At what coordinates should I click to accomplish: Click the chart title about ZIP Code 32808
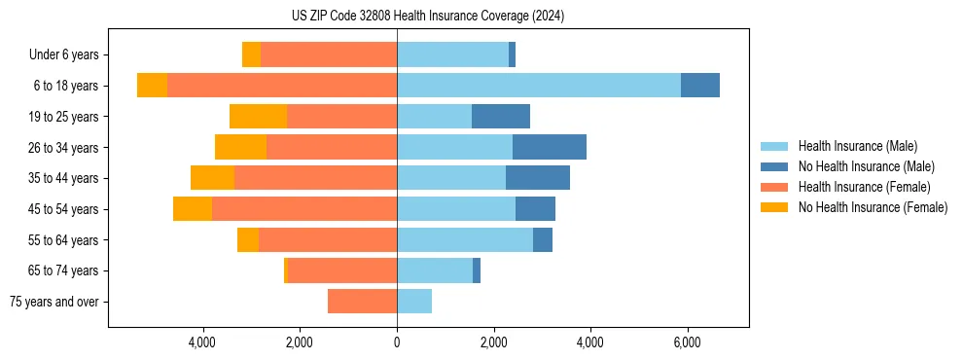point(428,17)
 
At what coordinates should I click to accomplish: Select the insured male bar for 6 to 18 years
point(538,86)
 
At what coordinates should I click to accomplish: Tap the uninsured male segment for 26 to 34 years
point(549,147)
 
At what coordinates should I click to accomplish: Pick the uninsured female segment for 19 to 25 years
point(258,117)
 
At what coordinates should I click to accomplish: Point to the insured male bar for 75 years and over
point(414,302)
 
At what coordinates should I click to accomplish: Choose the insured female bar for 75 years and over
point(362,302)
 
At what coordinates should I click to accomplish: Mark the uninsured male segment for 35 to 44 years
point(537,178)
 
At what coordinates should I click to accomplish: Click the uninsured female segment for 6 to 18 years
point(152,86)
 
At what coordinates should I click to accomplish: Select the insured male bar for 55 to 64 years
point(465,239)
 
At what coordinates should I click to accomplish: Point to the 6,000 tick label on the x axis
point(687,343)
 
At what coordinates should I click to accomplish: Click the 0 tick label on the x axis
point(397,343)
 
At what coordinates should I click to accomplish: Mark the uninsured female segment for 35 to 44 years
point(212,178)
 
